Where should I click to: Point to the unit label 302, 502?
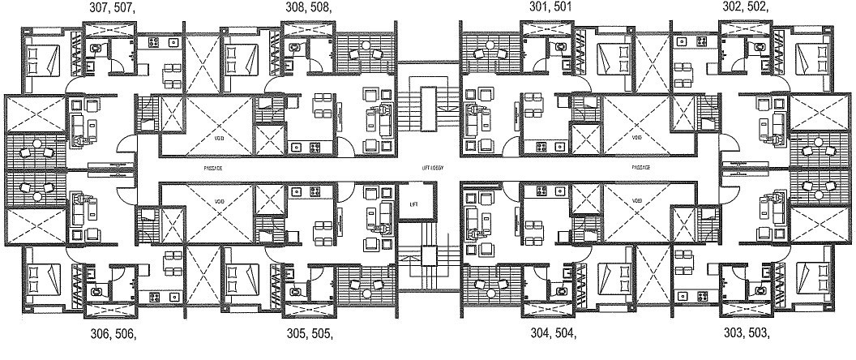(x=745, y=8)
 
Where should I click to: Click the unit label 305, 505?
(x=310, y=333)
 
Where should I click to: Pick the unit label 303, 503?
(x=745, y=333)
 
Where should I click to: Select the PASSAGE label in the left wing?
(x=214, y=167)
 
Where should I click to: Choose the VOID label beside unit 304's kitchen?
(x=636, y=199)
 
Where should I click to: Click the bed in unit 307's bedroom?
(x=41, y=58)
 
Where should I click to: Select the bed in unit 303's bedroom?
(x=813, y=273)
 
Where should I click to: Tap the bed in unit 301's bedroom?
(x=612, y=58)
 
